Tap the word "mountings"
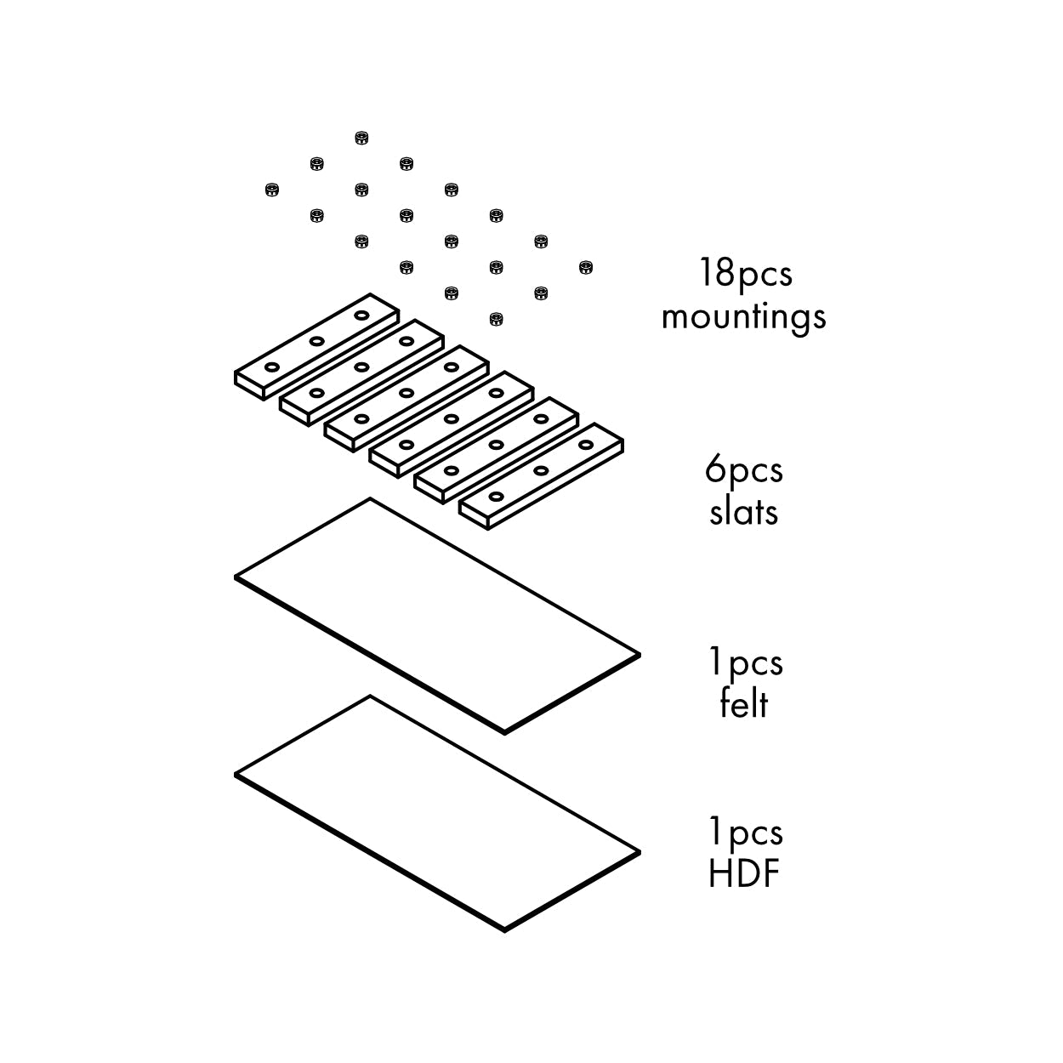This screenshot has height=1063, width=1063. click(x=743, y=318)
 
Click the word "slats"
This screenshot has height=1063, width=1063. click(x=743, y=512)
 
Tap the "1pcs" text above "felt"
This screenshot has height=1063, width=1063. click(x=746, y=663)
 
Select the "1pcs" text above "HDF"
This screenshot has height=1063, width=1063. click(x=746, y=833)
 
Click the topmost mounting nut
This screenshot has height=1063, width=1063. click(x=361, y=138)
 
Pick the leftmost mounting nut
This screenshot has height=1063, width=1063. click(x=271, y=190)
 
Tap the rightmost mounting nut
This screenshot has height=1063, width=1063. click(x=586, y=268)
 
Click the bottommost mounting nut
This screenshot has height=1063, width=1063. click(x=496, y=319)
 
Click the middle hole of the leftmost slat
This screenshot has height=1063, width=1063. click(x=316, y=341)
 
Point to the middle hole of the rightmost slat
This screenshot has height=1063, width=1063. click(x=541, y=470)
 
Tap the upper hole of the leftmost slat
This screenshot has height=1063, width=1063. click(x=361, y=315)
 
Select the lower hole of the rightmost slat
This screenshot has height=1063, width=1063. click(x=496, y=497)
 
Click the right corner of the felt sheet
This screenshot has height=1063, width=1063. click(x=640, y=656)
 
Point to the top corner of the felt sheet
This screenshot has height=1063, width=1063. click(x=370, y=498)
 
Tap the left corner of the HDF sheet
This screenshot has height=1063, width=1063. click(x=236, y=775)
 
